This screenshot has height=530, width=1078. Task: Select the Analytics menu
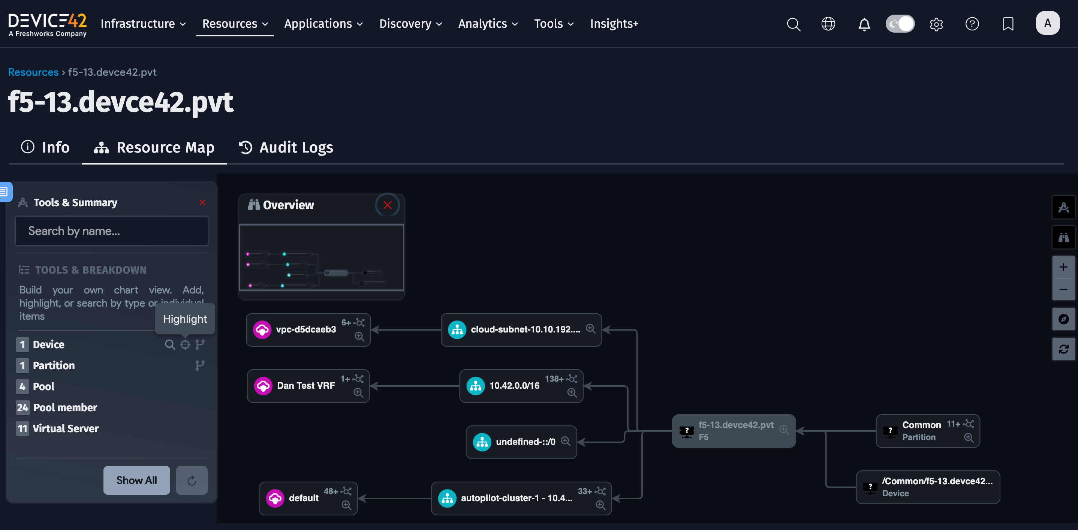coord(488,24)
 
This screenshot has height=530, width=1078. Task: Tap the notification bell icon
coord(864,24)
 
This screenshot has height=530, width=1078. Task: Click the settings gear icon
coord(936,24)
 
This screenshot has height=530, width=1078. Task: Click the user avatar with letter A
coord(1047,23)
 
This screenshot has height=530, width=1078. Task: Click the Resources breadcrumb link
coord(33,72)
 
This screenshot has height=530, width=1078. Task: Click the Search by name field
coord(111,231)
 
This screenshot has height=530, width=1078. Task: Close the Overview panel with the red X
coord(387,205)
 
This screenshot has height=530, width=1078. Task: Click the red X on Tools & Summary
coord(202,202)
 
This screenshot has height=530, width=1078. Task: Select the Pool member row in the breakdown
coord(65,407)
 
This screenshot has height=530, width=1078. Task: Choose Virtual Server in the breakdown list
coord(66,428)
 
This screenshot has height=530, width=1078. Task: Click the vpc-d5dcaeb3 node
coord(305,329)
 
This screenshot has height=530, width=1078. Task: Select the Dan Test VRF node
coord(305,386)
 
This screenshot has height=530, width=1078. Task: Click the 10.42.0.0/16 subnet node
coord(514,386)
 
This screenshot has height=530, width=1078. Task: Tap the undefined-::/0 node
coord(525,442)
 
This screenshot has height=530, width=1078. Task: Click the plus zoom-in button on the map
coord(1063,267)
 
